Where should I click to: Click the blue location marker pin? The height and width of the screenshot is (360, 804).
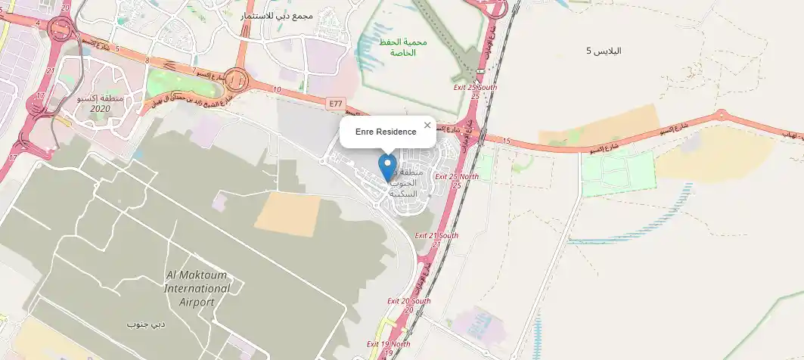click(x=388, y=166)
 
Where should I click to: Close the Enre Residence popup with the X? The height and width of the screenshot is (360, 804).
click(x=427, y=126)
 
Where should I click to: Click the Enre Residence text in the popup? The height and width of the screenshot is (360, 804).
click(x=386, y=132)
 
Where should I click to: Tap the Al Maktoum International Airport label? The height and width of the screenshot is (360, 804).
click(x=197, y=288)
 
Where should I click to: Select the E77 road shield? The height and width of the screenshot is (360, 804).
click(x=336, y=102)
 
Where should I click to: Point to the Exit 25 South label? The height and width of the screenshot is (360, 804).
click(x=475, y=92)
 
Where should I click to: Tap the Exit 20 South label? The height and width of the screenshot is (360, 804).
click(x=409, y=305)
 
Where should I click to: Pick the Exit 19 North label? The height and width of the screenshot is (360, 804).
click(x=389, y=348)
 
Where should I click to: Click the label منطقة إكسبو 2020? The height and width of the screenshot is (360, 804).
click(x=100, y=104)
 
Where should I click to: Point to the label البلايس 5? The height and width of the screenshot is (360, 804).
click(x=604, y=51)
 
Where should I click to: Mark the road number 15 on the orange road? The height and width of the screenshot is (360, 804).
click(x=505, y=141)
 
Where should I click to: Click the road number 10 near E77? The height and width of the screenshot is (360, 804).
click(x=278, y=90)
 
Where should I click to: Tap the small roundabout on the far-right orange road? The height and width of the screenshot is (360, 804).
click(x=721, y=115)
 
